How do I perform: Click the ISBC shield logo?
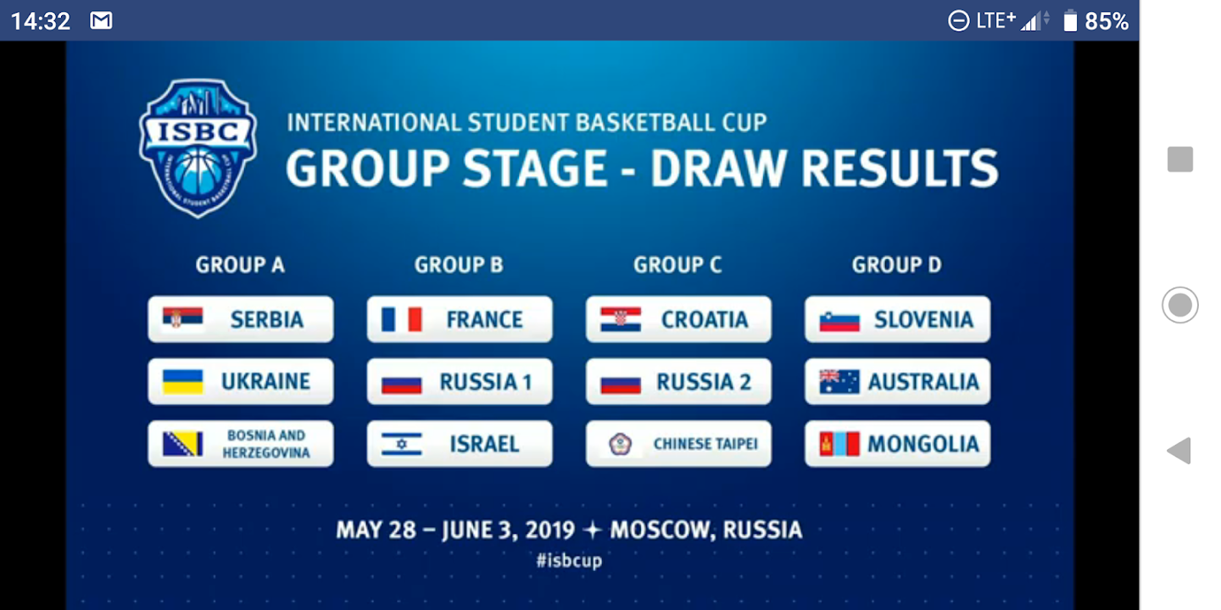[198, 148]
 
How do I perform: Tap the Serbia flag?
[182, 318]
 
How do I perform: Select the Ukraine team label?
[265, 381]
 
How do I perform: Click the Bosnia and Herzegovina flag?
[182, 444]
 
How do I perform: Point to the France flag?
[402, 319]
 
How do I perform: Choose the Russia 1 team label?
[485, 382]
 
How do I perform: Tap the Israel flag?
[402, 444]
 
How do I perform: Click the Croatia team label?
[705, 319]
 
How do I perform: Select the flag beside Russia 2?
[621, 384]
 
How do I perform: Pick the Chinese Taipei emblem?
[621, 444]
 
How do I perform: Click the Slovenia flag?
[839, 321]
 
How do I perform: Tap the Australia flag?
[839, 381]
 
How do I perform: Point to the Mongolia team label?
[923, 444]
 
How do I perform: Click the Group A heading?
[240, 264]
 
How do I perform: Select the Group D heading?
[897, 264]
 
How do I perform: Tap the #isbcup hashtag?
[569, 561]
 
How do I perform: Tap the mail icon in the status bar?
[101, 20]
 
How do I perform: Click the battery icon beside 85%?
[1070, 20]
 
